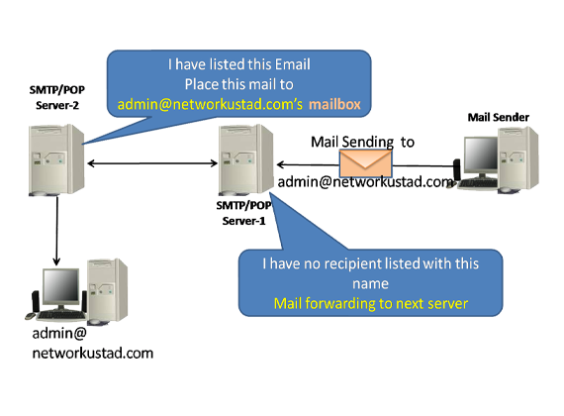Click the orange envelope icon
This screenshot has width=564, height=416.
[x=365, y=162]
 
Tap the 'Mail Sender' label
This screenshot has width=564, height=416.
[x=498, y=118]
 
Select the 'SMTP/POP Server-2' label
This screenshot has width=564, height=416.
[x=57, y=97]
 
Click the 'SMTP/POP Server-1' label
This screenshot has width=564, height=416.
[x=243, y=213]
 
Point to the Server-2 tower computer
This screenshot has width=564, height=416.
[x=56, y=159]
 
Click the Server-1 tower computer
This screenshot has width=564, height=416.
[x=246, y=159]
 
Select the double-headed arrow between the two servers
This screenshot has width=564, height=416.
[x=152, y=163]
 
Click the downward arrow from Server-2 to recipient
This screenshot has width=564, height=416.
[x=56, y=231]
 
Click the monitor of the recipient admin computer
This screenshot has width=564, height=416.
[x=60, y=288]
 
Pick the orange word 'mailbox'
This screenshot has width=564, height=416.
[x=334, y=104]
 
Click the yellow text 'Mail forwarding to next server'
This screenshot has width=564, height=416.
[x=371, y=304]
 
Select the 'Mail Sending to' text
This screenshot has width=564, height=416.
[x=362, y=143]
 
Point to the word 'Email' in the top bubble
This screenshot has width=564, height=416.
[x=292, y=64]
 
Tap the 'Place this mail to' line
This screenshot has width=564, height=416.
[x=239, y=84]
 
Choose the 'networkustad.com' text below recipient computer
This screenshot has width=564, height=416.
[x=93, y=354]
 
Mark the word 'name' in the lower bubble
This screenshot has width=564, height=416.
[x=370, y=284]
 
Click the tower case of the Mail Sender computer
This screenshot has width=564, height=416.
[x=517, y=158]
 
